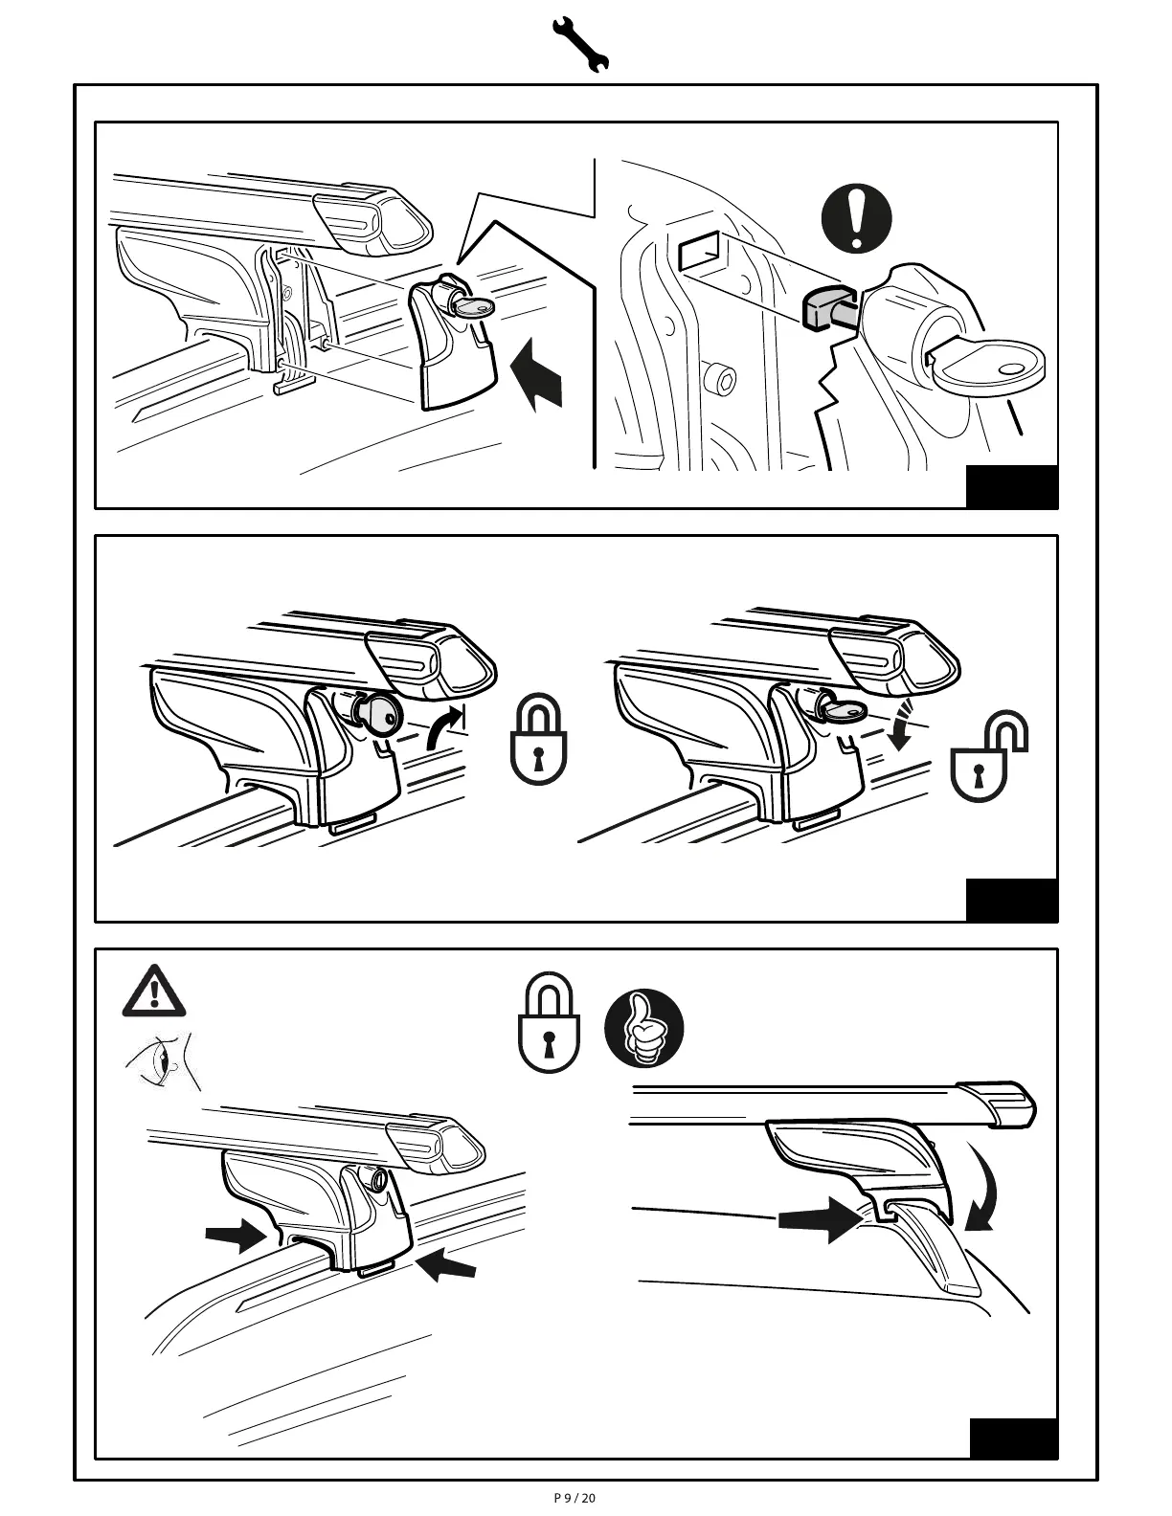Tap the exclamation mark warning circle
coord(856,218)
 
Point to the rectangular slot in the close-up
coord(698,255)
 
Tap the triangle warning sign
coord(153,992)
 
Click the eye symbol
coord(161,1061)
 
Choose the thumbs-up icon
coord(644,1028)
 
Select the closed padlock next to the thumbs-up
coord(548,1024)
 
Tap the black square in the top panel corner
coord(1011,486)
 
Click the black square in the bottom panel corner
coord(1013,1438)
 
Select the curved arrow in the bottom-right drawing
coord(984,1187)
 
